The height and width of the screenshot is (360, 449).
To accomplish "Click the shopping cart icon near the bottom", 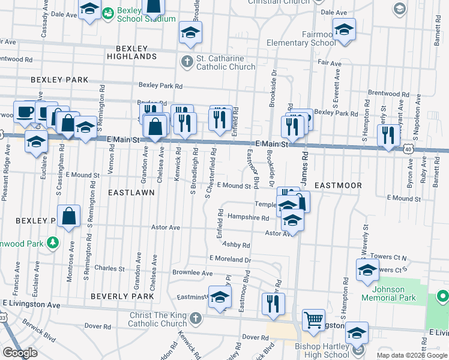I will point(313,320).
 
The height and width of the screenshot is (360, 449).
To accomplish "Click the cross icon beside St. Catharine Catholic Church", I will point(187,61).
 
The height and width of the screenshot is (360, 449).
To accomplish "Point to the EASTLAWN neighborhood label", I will point(131,193).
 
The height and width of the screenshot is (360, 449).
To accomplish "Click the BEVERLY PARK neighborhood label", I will point(119,296).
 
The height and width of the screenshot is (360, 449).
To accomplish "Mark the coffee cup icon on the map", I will point(25,112).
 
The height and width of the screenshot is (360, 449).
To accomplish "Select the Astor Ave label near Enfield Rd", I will point(166,228).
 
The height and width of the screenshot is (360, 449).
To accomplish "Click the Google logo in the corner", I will point(20,353).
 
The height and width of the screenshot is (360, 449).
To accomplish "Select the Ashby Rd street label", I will point(236,245).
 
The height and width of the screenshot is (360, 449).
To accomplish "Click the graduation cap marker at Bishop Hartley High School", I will point(357,334).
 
